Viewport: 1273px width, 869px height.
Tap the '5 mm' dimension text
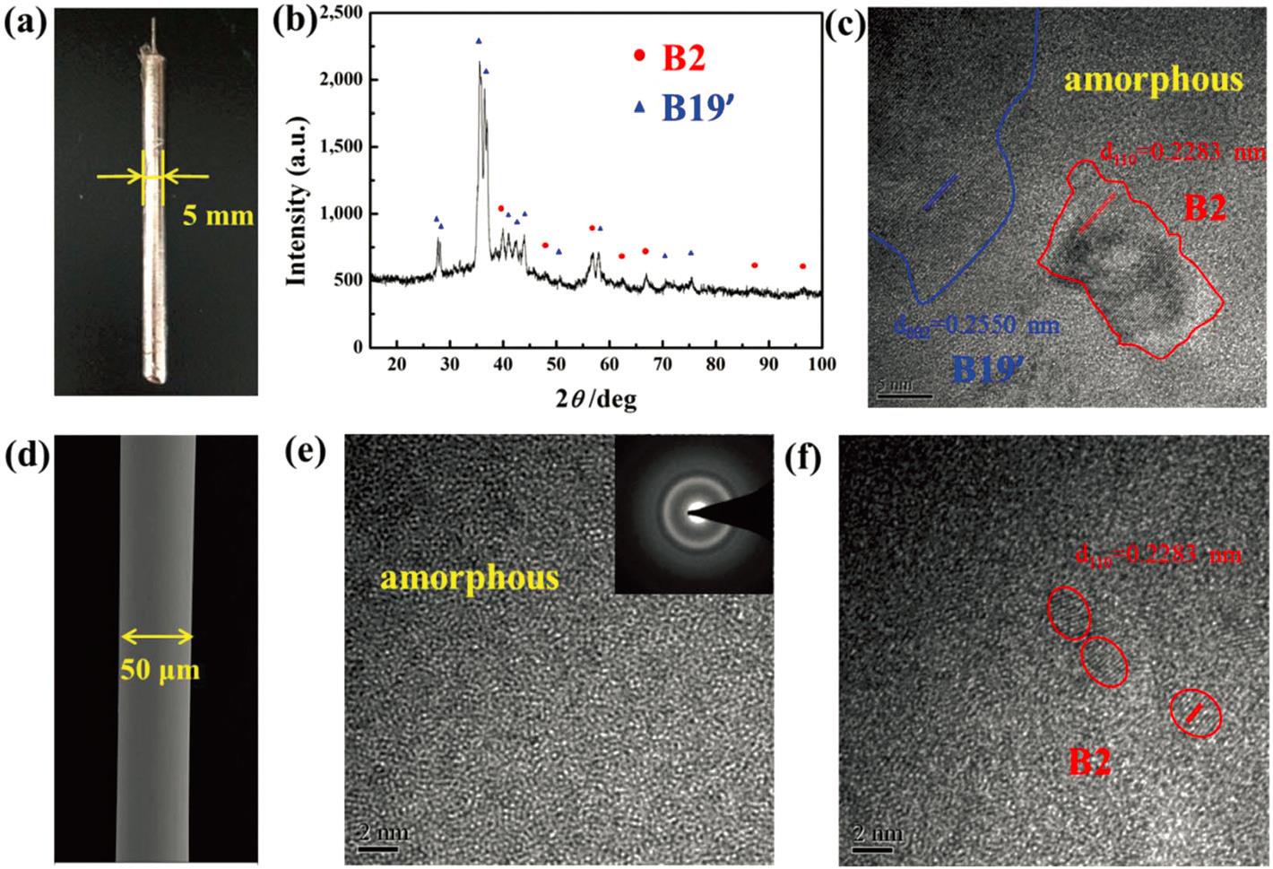tap(219, 216)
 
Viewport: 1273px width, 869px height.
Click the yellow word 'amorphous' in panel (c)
tap(1154, 80)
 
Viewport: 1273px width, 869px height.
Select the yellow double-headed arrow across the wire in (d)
tap(157, 637)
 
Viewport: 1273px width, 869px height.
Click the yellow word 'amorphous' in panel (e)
tap(469, 578)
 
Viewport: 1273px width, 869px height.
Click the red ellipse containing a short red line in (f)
tap(1196, 713)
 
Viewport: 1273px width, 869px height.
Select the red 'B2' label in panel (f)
tap(1090, 761)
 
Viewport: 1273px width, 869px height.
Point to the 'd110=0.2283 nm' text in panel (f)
tap(1158, 554)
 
